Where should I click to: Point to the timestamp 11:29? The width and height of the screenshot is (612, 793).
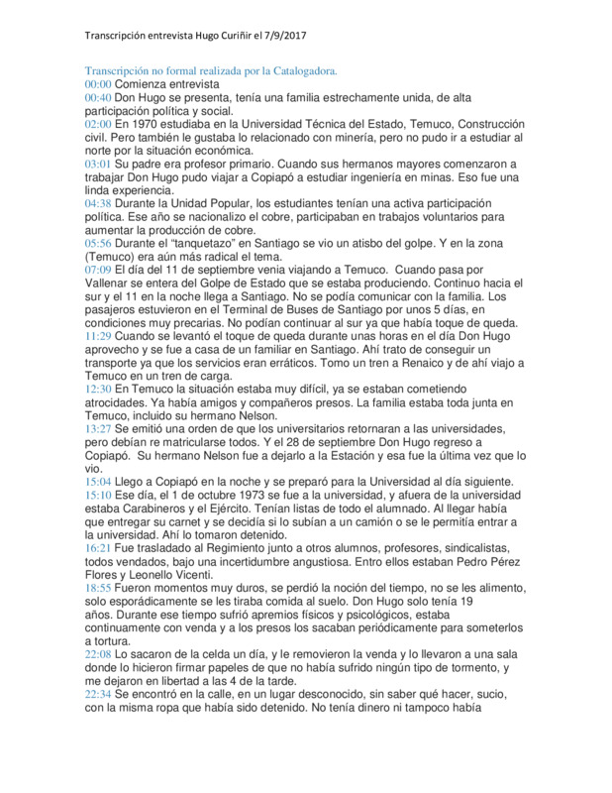pos(98,337)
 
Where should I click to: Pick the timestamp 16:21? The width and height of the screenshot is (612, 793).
pos(98,546)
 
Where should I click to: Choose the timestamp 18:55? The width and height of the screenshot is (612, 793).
pos(98,587)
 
